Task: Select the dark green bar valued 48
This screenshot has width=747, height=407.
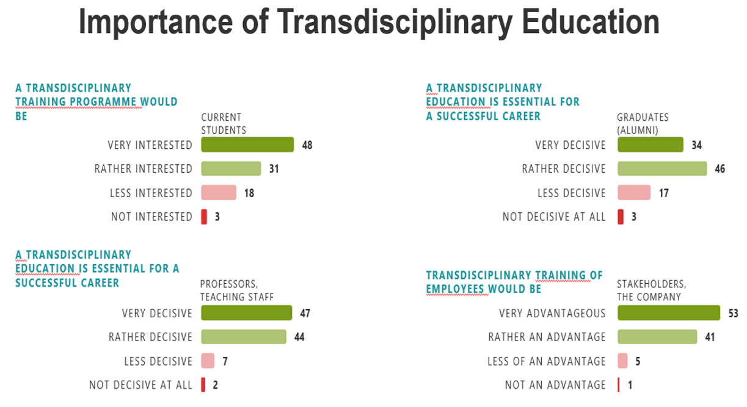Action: (x=247, y=145)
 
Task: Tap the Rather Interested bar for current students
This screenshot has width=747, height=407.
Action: (x=231, y=169)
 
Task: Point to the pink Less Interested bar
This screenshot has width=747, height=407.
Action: (x=218, y=193)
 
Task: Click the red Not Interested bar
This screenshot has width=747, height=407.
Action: (x=204, y=217)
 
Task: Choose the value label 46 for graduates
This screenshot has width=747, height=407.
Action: (x=720, y=169)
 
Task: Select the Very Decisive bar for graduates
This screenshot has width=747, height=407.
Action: (x=650, y=145)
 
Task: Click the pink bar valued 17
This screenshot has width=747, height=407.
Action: (x=634, y=193)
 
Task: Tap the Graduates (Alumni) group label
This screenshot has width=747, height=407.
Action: (x=643, y=123)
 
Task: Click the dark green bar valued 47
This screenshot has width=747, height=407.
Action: (x=247, y=313)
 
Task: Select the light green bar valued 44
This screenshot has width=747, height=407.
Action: (x=244, y=337)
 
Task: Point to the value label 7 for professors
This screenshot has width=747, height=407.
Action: (x=225, y=361)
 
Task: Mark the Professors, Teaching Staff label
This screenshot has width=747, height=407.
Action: (x=236, y=290)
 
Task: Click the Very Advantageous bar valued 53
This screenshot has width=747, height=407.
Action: (x=669, y=313)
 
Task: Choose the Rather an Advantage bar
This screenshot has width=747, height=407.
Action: (x=657, y=337)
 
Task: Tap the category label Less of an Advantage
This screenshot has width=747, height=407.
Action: (x=547, y=361)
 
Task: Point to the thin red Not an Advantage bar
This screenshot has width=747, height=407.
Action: (x=619, y=384)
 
